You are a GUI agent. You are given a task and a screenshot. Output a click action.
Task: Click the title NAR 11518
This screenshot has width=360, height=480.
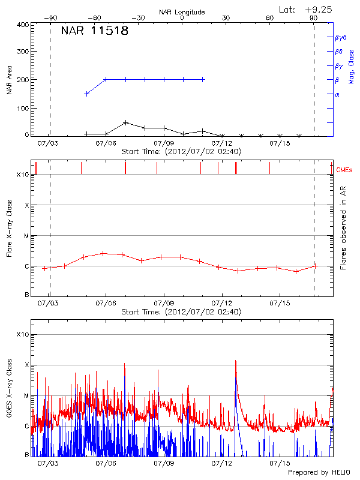[94, 31]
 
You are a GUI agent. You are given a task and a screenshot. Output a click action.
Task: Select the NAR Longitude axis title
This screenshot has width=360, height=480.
[182, 12]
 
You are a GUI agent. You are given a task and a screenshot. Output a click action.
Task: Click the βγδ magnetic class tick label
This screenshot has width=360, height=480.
[340, 37]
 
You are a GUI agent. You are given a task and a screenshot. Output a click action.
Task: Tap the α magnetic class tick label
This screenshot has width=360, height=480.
[337, 94]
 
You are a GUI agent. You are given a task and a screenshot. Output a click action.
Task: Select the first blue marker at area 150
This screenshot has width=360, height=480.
[87, 94]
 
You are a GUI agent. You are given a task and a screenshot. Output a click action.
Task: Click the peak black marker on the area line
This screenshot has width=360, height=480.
[125, 122]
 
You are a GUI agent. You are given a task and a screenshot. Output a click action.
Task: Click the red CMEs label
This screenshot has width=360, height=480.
[345, 170]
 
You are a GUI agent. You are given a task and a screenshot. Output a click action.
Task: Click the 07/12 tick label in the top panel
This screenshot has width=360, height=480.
[222, 143]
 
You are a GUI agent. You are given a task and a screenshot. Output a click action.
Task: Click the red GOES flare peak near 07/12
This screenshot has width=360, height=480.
[236, 361]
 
